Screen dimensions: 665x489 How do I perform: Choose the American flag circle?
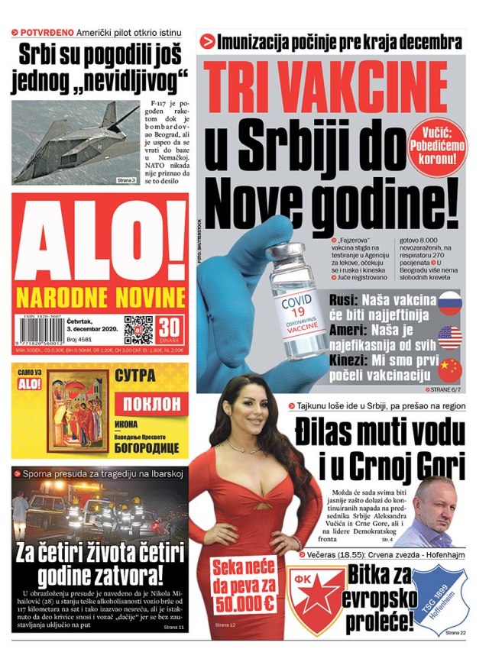[x=450, y=336]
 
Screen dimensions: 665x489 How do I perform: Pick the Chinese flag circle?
[x=450, y=370]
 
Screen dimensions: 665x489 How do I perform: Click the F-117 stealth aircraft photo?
[x=75, y=143]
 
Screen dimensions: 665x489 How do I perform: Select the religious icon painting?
[x=79, y=412]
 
